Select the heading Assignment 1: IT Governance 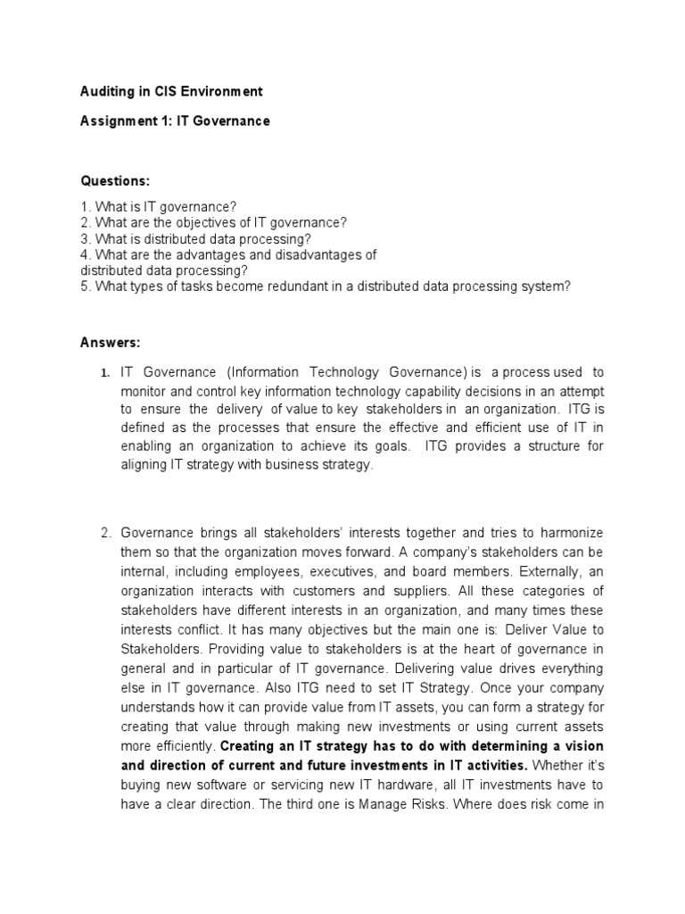point(175,120)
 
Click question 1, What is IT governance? point(158,206)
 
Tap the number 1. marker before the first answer point(104,372)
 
